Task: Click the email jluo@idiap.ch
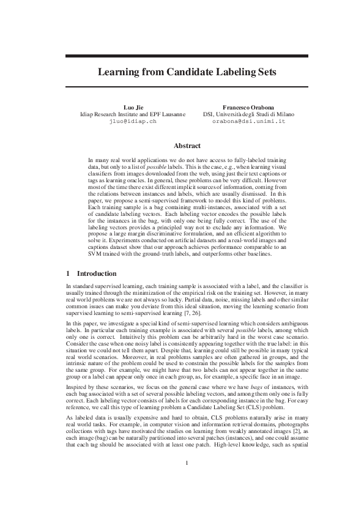[x=132, y=121]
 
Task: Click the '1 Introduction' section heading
[x=91, y=273]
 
